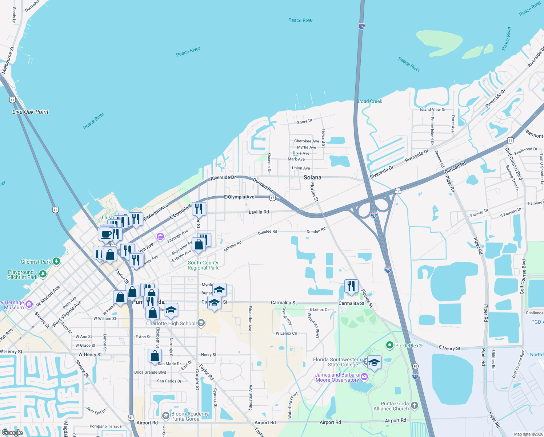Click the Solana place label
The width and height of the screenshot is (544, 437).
tap(312, 177)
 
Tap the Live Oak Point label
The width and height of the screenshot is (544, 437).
tap(31, 112)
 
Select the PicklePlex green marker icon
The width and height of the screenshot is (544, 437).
tap(390, 345)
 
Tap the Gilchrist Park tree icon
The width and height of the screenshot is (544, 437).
tap(56, 261)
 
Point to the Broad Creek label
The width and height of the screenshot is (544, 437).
tap(369, 101)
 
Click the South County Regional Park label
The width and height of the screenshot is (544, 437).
tap(203, 265)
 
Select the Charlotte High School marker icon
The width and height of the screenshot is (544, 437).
tap(201, 323)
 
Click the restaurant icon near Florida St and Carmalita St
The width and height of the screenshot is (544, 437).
tap(351, 286)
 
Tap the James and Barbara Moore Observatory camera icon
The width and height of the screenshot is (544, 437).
tap(364, 377)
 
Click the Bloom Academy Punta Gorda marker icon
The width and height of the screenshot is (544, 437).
tap(166, 416)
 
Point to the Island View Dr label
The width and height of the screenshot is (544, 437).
tap(432, 109)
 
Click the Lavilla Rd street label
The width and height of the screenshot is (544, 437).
tap(259, 212)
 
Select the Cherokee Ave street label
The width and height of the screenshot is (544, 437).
tap(307, 141)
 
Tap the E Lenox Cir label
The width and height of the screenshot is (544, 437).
tap(320, 310)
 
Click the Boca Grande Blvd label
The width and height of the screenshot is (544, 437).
tap(150, 372)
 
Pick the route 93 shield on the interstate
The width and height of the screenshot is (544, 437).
tap(416, 366)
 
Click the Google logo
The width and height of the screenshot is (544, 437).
tap(12, 432)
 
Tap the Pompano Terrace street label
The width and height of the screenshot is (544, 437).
tap(105, 426)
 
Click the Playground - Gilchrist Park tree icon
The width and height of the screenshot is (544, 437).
tap(43, 274)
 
